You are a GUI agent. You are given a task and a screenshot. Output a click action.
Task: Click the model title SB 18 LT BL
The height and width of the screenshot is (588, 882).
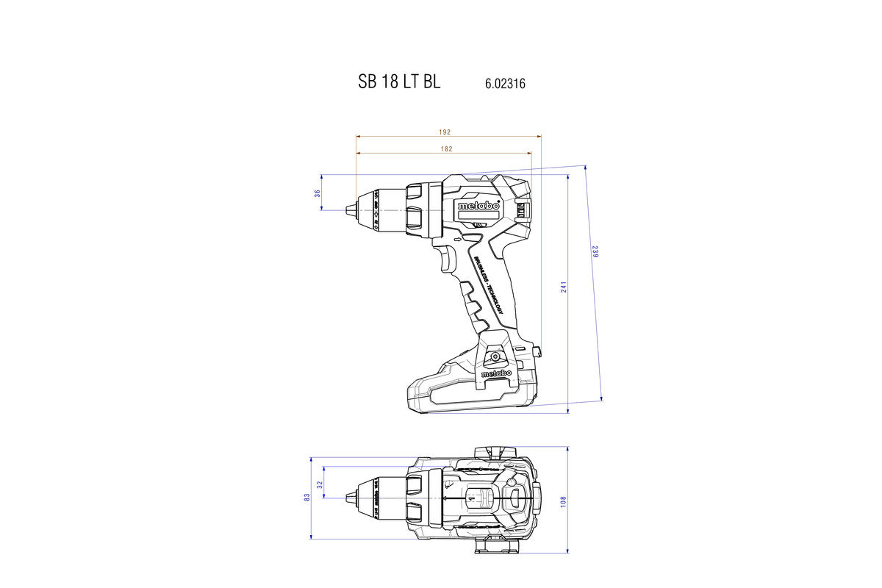(x=399, y=82)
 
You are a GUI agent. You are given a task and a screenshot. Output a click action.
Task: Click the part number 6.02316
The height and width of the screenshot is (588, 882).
(x=505, y=84)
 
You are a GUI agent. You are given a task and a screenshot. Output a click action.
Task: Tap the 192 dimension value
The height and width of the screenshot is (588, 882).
(x=445, y=132)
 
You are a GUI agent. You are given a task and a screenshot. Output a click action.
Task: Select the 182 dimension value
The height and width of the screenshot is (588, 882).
(x=446, y=148)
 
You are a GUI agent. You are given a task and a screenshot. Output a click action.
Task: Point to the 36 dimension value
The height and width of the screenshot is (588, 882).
(x=318, y=193)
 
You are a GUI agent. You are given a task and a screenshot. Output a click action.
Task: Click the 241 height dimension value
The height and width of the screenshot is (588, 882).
(x=564, y=287)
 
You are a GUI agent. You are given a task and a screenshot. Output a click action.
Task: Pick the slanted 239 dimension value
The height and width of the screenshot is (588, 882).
(x=595, y=251)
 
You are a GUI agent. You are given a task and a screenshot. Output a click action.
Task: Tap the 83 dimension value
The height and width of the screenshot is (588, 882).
(x=306, y=498)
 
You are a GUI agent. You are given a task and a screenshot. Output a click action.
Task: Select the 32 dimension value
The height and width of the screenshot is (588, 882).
(x=320, y=485)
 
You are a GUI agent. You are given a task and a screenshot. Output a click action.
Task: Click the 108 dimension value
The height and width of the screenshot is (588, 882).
(x=564, y=500)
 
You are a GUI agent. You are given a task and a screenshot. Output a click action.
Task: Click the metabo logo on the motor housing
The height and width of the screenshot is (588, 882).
(x=478, y=206)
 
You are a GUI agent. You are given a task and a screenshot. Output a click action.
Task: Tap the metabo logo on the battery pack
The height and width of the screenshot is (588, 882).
(x=496, y=374)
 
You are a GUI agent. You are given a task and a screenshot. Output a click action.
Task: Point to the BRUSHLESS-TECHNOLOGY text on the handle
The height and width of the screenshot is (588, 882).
(x=488, y=286)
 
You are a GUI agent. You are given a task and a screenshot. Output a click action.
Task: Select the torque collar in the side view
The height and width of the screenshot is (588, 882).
(x=415, y=209)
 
